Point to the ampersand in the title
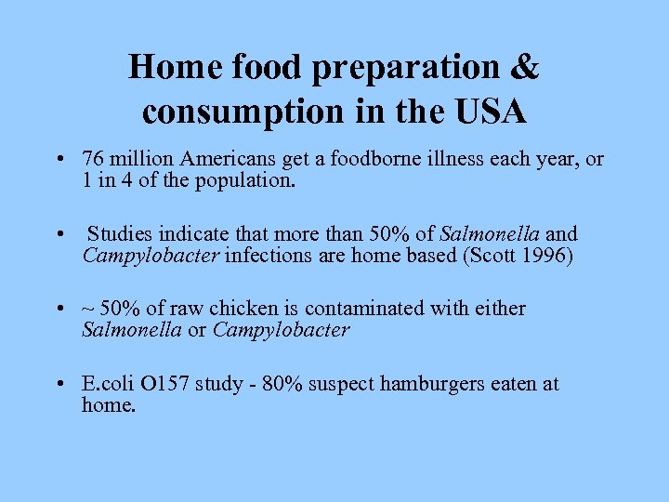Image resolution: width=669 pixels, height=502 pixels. (525, 67)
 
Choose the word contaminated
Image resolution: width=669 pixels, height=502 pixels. (348, 309)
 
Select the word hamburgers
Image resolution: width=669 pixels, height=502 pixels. (398, 384)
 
